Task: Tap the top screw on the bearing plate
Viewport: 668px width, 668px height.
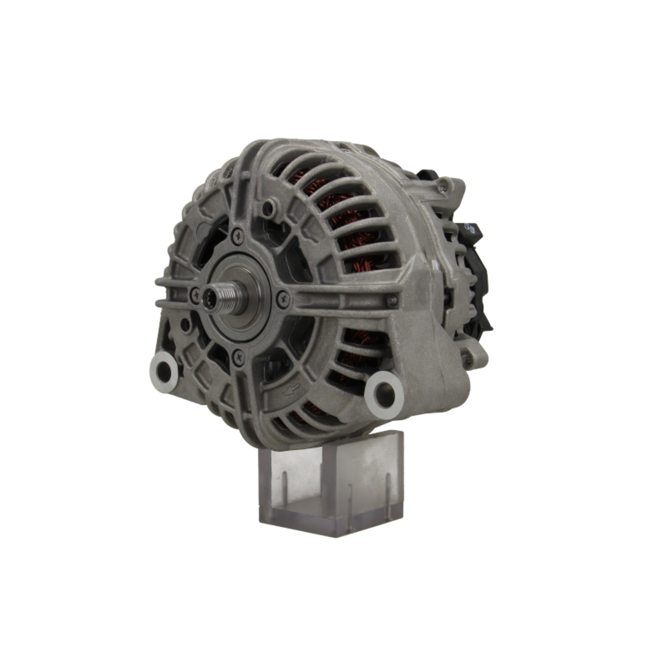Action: [x=237, y=236]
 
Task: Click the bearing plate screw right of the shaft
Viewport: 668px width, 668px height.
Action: [x=284, y=299]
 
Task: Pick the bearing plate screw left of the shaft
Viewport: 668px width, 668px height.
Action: [x=195, y=293]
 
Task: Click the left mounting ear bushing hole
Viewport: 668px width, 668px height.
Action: [x=164, y=371]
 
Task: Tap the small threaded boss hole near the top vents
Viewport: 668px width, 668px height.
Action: [x=269, y=209]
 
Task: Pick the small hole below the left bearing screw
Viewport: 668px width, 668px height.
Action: [x=185, y=325]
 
